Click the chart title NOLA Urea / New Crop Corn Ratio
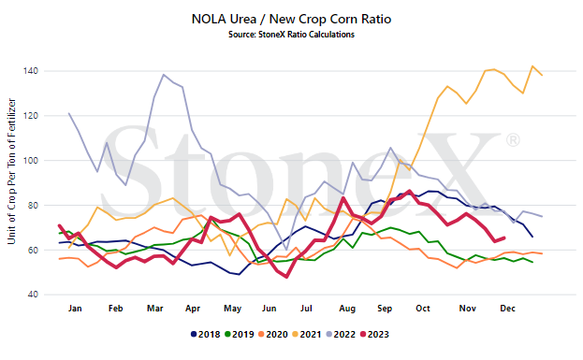(x=291, y=19)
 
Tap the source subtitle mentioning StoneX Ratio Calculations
(x=291, y=35)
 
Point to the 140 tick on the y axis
(x=31, y=70)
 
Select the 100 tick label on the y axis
(x=31, y=161)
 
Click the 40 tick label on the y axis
(x=33, y=295)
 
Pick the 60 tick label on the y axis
(x=33, y=250)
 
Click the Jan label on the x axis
(x=75, y=309)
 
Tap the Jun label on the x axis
(x=269, y=309)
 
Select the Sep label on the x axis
(x=385, y=309)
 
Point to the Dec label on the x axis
(x=507, y=309)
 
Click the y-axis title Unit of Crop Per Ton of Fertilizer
(x=11, y=171)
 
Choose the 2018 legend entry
(x=205, y=335)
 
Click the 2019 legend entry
(x=240, y=335)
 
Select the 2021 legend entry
(x=307, y=335)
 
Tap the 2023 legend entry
(x=374, y=335)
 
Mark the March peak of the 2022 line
(x=164, y=74)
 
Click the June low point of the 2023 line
(x=286, y=277)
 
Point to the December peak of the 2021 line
(x=532, y=66)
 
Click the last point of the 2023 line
(x=504, y=238)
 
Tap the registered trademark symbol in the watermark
(x=513, y=140)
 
